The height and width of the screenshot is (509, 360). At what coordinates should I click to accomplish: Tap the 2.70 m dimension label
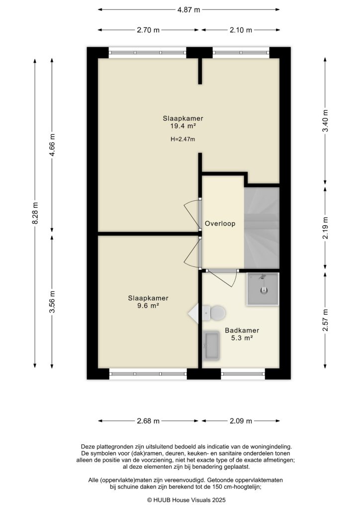click(x=148, y=30)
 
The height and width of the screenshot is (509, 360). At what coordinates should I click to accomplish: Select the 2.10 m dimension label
click(x=240, y=30)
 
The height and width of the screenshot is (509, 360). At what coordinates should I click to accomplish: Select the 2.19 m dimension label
click(x=325, y=228)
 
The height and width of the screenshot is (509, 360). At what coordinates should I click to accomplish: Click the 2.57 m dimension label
click(x=325, y=321)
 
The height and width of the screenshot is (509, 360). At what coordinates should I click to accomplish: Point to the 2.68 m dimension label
click(x=148, y=421)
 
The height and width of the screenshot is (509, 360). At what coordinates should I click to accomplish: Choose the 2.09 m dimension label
click(x=240, y=421)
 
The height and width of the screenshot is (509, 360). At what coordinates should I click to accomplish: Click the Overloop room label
click(x=220, y=224)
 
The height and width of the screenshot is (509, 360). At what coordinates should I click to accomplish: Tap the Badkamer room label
click(x=242, y=330)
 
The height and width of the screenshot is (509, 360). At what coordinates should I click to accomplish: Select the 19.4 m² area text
click(x=183, y=127)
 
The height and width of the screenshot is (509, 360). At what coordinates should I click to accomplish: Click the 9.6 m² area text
click(x=148, y=306)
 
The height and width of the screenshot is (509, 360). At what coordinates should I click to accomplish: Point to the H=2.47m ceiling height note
click(x=183, y=140)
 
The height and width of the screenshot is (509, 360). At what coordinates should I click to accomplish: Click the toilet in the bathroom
click(x=216, y=313)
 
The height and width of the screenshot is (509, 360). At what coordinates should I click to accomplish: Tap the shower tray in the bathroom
click(x=263, y=289)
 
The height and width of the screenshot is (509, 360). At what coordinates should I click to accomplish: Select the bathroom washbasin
click(x=211, y=345)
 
